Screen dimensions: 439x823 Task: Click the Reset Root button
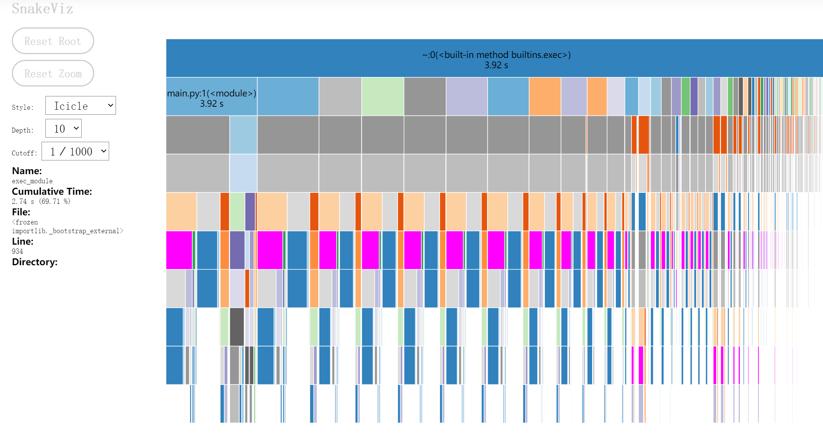pos(53,41)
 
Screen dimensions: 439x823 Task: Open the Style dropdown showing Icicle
pos(81,106)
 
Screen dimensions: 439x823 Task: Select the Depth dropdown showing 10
pos(63,128)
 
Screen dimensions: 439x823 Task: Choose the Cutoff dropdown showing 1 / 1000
pos(75,151)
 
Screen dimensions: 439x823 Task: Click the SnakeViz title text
pos(42,8)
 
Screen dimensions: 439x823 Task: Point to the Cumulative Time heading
pos(52,191)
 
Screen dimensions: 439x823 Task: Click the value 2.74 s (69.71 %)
pos(41,201)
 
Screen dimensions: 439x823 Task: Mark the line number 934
pos(18,251)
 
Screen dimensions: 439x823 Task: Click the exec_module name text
pos(32,181)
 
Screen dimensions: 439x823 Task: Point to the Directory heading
pos(35,262)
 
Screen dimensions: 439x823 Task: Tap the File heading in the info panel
pos(21,212)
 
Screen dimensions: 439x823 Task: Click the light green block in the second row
pos(383,96)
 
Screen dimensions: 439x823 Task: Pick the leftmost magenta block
pos(179,250)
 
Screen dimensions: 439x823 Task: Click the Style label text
pos(23,107)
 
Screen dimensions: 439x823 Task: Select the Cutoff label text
pos(24,153)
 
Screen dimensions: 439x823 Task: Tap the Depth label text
pos(23,130)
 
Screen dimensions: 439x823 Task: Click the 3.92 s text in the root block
pos(496,65)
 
